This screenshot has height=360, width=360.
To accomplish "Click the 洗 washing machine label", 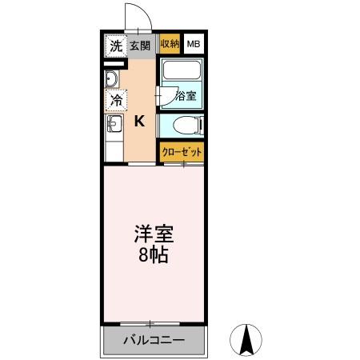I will tap(116, 46).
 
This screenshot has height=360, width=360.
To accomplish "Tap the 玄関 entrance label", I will tap(141, 46).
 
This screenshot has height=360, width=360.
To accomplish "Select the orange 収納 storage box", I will tap(170, 45).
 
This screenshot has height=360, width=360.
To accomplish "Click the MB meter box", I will tap(194, 45).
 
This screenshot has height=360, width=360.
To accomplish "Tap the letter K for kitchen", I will tap(139, 122).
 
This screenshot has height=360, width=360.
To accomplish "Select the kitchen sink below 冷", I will tap(113, 124).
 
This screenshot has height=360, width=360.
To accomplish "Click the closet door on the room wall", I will tap(183, 164).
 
